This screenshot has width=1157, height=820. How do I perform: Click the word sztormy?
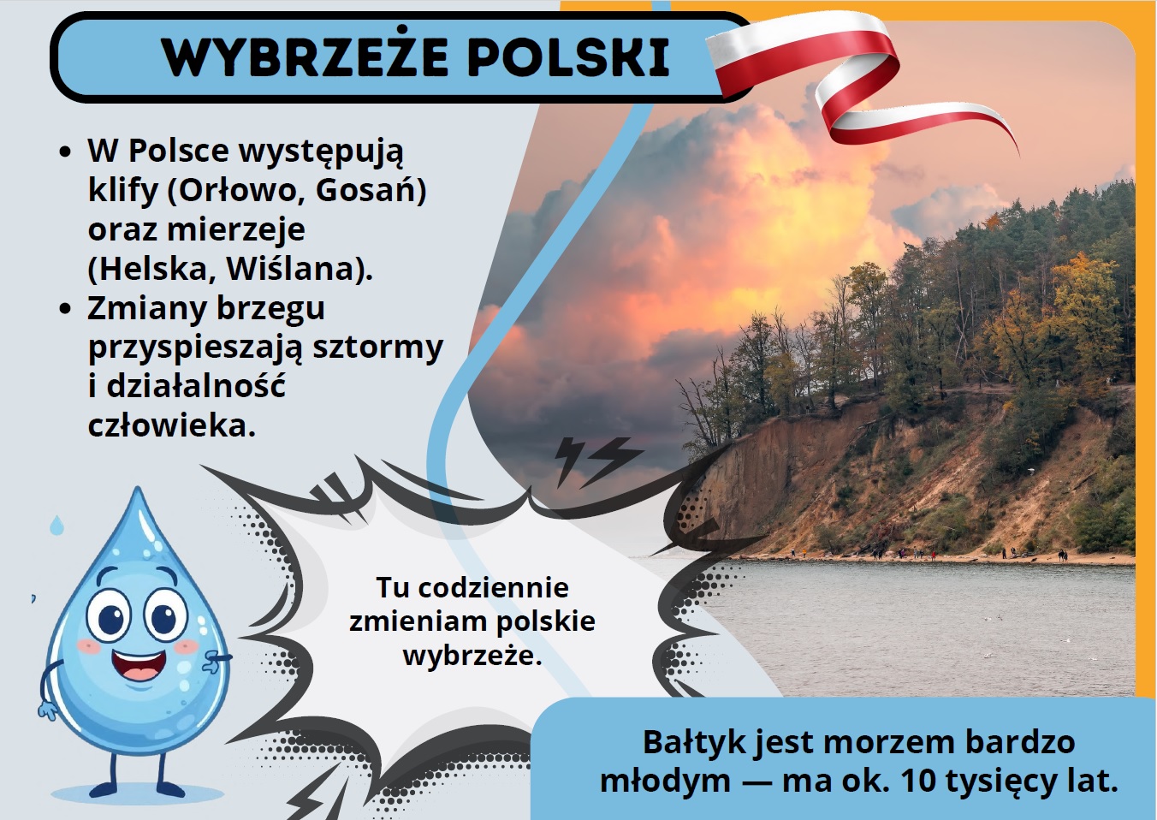[377, 348]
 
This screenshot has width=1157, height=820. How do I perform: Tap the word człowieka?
[171, 425]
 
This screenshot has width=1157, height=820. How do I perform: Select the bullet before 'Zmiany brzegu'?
[65, 308]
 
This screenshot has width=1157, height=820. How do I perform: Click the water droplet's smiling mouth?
[139, 667]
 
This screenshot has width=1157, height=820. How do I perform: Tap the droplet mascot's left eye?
[108, 616]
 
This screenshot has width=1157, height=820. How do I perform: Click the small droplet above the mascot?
[56, 525]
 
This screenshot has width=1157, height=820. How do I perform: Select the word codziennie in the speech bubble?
[493, 587]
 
